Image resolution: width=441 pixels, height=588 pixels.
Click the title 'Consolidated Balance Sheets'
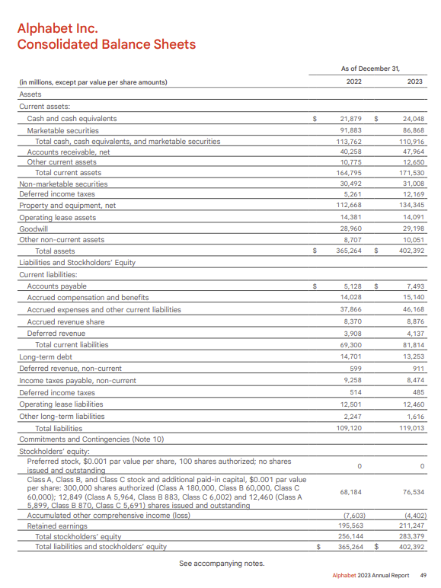pos(106,44)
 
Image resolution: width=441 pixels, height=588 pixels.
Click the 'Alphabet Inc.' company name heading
pos(57,28)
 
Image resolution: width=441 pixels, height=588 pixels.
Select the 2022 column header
pos(353,81)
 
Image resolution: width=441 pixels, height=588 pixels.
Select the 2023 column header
pos(415,81)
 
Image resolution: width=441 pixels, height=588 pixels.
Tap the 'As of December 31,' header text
pos(370,68)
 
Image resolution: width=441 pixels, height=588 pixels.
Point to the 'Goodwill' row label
pos(33,228)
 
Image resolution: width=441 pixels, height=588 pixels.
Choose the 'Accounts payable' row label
pos(56,286)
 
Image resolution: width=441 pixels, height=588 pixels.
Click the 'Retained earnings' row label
pos(56,526)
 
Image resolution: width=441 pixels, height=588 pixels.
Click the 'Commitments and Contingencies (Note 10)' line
pos(91,439)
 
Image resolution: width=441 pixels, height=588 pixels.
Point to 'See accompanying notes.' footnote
pos(221,564)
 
